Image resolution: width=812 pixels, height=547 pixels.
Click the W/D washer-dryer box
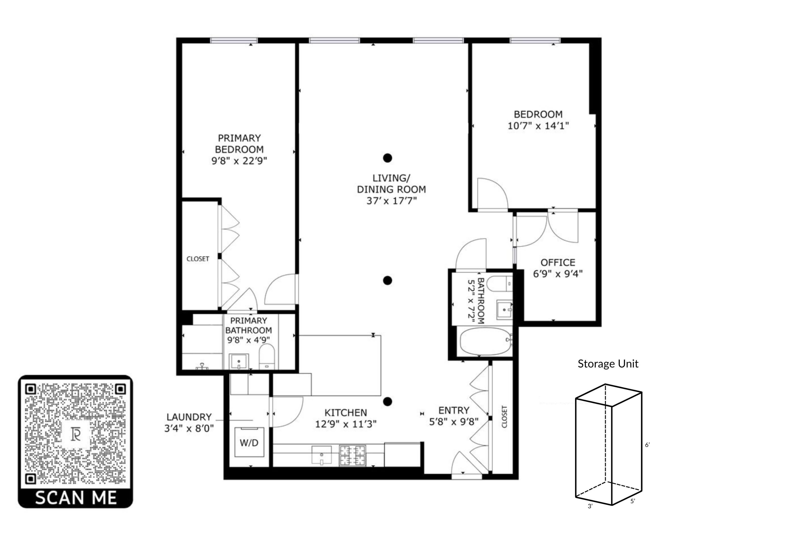point(249,442)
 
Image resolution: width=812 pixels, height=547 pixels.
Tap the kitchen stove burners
point(352,455)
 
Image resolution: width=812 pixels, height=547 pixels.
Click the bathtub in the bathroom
point(486,341)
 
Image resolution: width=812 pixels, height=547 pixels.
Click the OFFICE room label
point(558,262)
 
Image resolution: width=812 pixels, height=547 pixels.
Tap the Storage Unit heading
point(608,363)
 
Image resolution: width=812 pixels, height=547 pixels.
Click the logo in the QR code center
point(76,435)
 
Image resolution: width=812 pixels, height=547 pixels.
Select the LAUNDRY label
point(189,417)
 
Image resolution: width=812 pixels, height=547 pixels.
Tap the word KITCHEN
point(346,413)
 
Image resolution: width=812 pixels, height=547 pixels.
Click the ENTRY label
point(454,410)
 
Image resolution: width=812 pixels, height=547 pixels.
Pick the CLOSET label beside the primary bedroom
point(198,259)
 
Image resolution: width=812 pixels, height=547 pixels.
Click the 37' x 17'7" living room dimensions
point(391,201)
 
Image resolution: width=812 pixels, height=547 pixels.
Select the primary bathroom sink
point(239,361)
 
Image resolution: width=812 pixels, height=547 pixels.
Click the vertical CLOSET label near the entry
point(504,417)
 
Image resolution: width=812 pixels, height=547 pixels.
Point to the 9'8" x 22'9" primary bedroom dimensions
point(239,161)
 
